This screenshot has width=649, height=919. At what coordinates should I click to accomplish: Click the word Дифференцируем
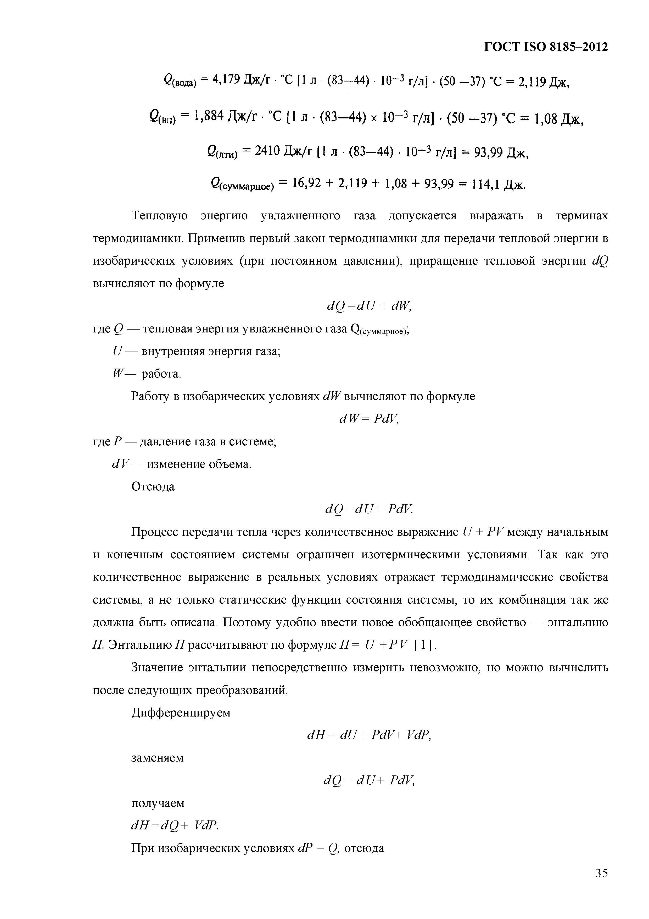(x=181, y=713)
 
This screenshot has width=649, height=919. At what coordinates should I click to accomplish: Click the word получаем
(x=158, y=803)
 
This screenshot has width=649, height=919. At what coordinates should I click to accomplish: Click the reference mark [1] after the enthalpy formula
(x=424, y=645)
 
